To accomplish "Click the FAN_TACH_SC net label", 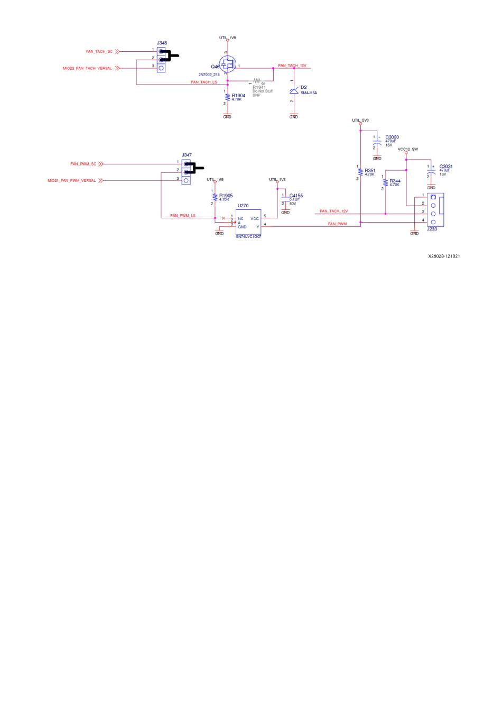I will (99, 51).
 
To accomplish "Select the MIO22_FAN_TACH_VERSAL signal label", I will (88, 68).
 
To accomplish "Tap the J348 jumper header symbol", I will (161, 60).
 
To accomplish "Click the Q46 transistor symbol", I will (228, 66).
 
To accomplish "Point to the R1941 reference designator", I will (259, 87).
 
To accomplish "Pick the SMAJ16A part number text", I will (309, 93).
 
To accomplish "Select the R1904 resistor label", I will (238, 96).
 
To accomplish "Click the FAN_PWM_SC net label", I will (83, 164).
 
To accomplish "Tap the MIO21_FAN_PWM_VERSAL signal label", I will (72, 181).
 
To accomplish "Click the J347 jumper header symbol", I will (186, 172).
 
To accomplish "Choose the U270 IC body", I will (248, 223).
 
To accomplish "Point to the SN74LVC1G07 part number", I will (248, 236).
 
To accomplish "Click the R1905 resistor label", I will (226, 196).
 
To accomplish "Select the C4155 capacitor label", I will (296, 196).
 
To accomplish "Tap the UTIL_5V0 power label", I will (360, 121).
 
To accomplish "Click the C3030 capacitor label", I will (392, 137).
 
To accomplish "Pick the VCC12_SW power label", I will (407, 149).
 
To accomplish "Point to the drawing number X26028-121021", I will (444, 256).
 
